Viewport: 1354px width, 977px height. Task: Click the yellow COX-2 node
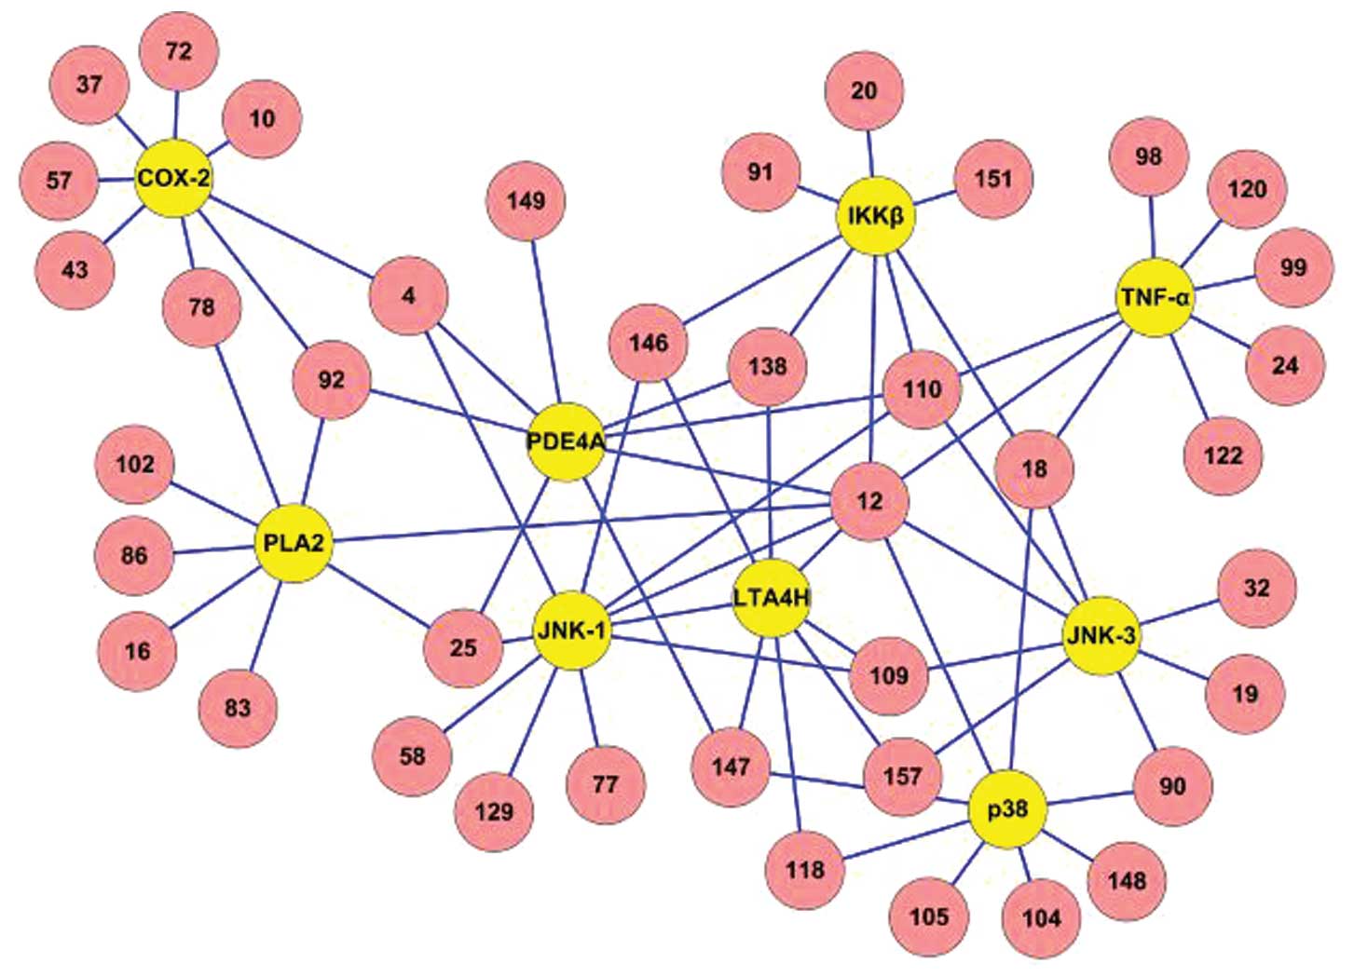[x=173, y=178]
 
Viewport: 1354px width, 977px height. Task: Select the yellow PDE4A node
[x=566, y=441]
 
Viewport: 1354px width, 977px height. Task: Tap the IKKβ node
[x=875, y=216]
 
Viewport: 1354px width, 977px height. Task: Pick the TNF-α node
[x=1155, y=297]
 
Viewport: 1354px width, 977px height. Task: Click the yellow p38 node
[x=1007, y=809]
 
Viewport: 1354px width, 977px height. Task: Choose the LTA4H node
[x=772, y=598]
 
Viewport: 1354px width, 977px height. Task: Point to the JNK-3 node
[x=1101, y=636]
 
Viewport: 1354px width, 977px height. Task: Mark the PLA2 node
[x=294, y=543]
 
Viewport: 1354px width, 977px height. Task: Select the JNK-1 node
[x=571, y=631]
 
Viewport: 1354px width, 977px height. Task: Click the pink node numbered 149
[x=527, y=200]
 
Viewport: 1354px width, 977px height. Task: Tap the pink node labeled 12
[x=869, y=501]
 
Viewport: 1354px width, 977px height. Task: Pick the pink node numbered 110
[x=922, y=388]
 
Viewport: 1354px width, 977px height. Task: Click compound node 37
[x=89, y=84]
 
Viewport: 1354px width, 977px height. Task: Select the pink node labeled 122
[x=1223, y=455]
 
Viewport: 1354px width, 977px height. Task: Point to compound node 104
[x=1041, y=918]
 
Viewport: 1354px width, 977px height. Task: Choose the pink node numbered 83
[x=238, y=708]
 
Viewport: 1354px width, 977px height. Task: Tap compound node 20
[x=864, y=90]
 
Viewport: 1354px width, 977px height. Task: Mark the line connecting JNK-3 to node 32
[x=1179, y=613]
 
